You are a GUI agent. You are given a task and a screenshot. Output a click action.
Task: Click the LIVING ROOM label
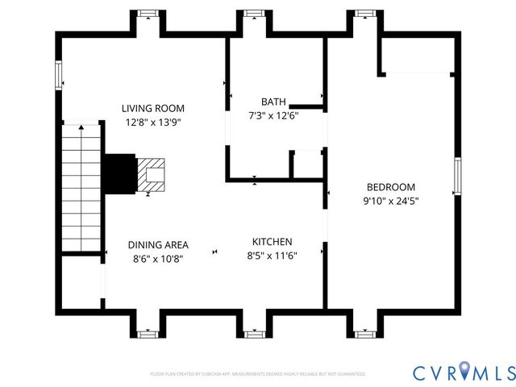click(x=153, y=108)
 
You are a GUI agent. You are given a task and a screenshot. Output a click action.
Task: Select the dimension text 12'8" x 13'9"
click(x=153, y=123)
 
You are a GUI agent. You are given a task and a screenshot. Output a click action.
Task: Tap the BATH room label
click(x=273, y=102)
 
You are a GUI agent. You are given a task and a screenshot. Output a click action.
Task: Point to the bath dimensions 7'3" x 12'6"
click(x=273, y=115)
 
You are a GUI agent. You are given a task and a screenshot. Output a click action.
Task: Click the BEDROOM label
click(x=391, y=186)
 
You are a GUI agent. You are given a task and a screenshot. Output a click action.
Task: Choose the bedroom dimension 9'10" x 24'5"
click(x=391, y=201)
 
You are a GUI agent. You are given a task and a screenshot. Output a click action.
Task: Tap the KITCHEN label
click(x=273, y=242)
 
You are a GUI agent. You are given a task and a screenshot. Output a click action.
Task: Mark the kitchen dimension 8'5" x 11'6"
click(x=273, y=256)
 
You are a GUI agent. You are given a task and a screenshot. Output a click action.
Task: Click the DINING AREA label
click(x=158, y=245)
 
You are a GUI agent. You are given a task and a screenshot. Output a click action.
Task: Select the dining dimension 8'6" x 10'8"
click(x=158, y=259)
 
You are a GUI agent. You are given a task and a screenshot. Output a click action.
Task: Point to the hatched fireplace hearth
click(x=151, y=173)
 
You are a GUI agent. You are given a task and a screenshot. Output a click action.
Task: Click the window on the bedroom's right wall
click(x=456, y=177)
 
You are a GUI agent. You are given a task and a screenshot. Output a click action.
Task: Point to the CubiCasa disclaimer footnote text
click(x=258, y=374)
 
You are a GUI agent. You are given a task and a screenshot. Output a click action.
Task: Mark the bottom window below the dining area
click(x=147, y=332)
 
